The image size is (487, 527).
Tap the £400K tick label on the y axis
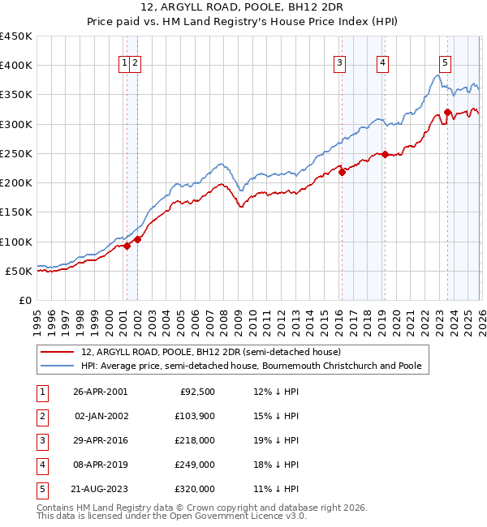tap(16, 66)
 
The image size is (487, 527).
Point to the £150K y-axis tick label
tap(16, 212)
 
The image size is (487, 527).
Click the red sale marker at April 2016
tap(343, 172)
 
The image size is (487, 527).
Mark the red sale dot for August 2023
tap(447, 113)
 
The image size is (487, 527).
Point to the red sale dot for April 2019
tap(385, 154)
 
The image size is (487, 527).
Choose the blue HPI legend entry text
tap(251, 366)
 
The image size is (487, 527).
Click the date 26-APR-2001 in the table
tap(100, 392)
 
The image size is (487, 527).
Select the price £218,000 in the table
tap(195, 440)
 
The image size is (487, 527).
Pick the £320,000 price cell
tap(195, 489)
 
